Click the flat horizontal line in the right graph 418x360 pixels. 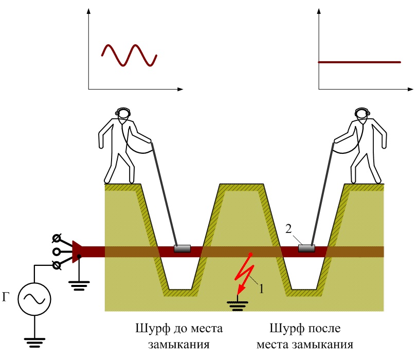coord(359,62)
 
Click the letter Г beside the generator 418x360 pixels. coord(7,296)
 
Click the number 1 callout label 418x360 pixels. coord(261,289)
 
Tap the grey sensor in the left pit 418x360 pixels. coord(182,249)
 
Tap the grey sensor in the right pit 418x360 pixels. coord(306,249)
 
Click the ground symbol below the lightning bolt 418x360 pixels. coord(237,306)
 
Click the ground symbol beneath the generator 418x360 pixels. coord(34,341)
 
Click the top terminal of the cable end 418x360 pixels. coord(58,239)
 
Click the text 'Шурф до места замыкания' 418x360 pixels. coord(175,335)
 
